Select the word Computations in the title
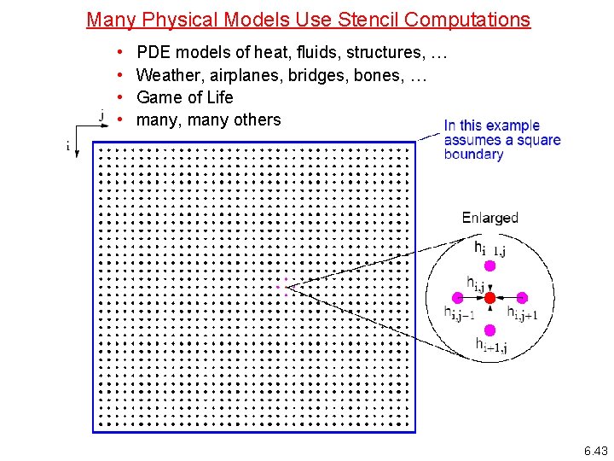click(x=463, y=19)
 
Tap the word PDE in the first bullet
click(x=154, y=53)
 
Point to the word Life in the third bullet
click(x=219, y=97)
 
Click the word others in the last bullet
click(x=256, y=120)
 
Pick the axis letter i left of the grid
click(x=68, y=146)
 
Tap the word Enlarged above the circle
click(x=489, y=218)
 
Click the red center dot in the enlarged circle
click(x=489, y=298)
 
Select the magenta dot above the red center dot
click(x=489, y=266)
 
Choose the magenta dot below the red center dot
click(x=489, y=330)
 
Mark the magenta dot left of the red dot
click(x=458, y=298)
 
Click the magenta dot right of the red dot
click(x=522, y=298)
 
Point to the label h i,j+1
click(x=522, y=313)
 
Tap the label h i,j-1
click(x=458, y=313)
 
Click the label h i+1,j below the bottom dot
click(x=491, y=346)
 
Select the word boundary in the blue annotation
click(x=473, y=155)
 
